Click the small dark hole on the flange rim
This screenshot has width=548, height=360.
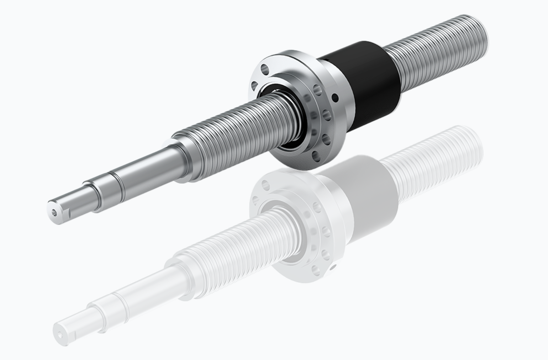tap(336, 97)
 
